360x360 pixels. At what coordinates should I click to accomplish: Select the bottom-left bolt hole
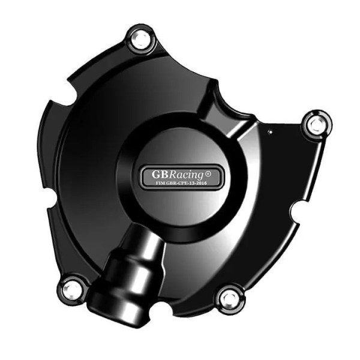(x=72, y=289)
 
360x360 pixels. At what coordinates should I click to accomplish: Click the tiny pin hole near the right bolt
(x=271, y=131)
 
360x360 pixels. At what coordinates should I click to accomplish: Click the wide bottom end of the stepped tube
(x=123, y=306)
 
